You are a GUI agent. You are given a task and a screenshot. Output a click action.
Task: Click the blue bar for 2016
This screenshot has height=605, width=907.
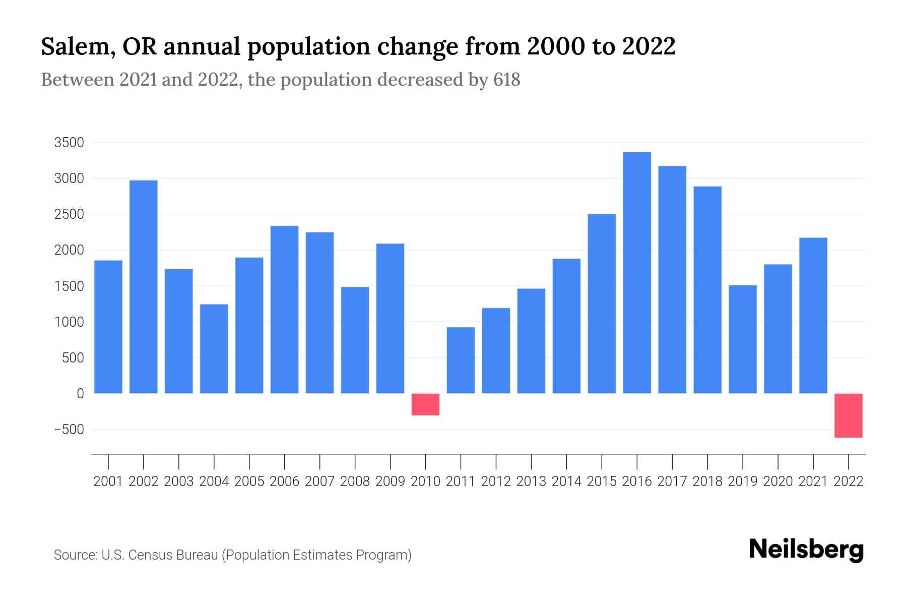(x=637, y=273)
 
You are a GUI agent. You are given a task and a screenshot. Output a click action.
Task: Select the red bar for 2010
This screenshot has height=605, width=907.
(x=425, y=404)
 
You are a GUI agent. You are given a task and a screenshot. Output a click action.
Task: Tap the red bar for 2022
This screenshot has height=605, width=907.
(x=849, y=415)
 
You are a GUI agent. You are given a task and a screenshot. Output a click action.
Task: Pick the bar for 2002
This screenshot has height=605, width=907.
(x=144, y=287)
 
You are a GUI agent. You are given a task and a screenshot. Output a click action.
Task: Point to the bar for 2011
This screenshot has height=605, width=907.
(x=461, y=360)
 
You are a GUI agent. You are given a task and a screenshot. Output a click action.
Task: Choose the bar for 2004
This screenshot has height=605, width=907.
(x=214, y=349)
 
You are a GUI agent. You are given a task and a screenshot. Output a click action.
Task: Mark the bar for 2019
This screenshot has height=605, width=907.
(x=743, y=339)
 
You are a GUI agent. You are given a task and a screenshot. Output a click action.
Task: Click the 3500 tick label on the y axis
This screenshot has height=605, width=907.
(x=69, y=143)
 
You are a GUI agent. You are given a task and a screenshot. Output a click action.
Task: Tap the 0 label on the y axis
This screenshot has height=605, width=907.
(x=80, y=394)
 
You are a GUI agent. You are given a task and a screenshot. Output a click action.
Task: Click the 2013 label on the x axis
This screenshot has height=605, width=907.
(x=531, y=481)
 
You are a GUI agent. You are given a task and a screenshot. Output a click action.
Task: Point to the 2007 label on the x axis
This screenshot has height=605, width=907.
(x=319, y=481)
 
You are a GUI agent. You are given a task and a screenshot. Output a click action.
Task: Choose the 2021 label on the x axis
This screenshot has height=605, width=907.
(x=813, y=481)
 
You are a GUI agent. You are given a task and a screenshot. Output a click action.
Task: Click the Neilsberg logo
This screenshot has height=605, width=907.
(x=806, y=550)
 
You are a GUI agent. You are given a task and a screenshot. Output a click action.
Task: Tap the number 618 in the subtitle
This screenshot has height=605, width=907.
(x=506, y=80)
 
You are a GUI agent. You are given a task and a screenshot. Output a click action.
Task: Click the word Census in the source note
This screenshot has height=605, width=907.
(x=149, y=555)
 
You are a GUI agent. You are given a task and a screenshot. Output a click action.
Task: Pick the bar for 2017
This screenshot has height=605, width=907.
(x=672, y=280)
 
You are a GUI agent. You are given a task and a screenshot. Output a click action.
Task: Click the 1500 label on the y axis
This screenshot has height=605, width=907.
(x=69, y=286)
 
